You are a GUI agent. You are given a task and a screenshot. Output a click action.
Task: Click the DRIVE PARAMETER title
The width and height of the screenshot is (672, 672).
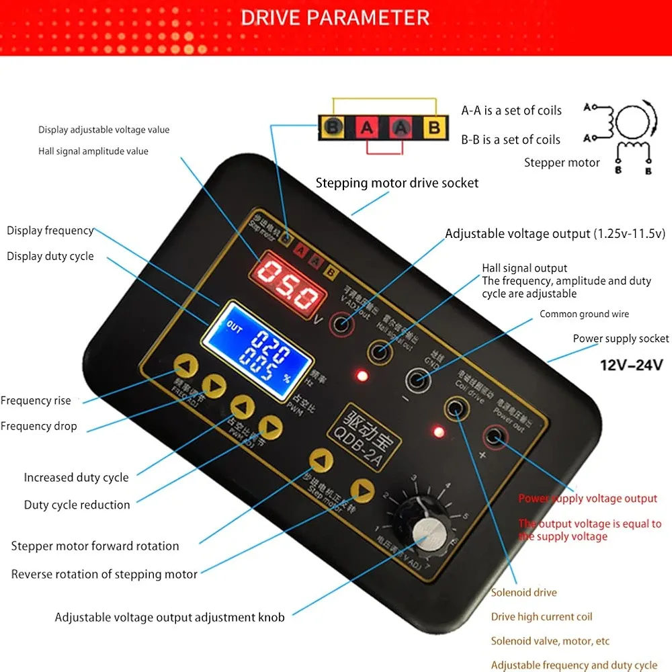click(x=335, y=17)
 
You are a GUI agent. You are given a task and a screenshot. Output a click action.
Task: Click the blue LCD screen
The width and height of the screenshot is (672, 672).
click(x=258, y=350)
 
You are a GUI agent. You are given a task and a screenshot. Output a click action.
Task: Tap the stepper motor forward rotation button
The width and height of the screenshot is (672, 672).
click(x=321, y=462)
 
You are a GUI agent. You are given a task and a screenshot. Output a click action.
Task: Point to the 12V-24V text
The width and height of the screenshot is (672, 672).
click(x=631, y=365)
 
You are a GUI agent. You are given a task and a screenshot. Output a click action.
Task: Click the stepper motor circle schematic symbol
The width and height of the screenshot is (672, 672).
click(x=632, y=123)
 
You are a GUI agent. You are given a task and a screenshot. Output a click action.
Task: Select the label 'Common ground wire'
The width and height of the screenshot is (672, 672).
click(x=584, y=314)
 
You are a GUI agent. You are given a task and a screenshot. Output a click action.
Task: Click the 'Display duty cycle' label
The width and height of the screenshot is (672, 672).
click(x=50, y=256)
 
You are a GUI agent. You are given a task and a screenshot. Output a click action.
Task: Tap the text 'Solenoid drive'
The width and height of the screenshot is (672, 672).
click(x=523, y=592)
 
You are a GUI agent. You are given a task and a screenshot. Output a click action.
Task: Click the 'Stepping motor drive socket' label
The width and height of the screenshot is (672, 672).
click(x=397, y=183)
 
